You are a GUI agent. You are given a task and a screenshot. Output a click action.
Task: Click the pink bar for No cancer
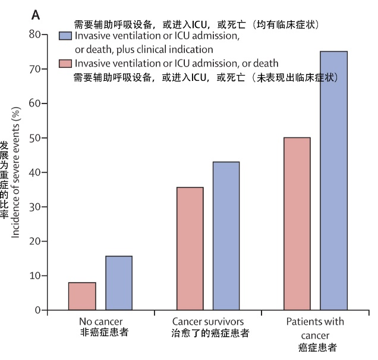tap(82, 296)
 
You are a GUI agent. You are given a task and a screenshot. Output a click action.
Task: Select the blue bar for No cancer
tap(119, 283)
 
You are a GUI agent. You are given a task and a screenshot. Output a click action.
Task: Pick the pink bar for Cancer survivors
tap(190, 248)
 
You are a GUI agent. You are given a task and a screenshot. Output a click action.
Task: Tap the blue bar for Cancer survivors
tap(226, 236)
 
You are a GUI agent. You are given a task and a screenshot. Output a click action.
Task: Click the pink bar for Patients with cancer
tap(297, 223)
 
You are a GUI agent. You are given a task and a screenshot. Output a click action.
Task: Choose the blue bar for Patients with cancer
tap(334, 180)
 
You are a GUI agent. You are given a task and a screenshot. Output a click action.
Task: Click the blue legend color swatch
tap(65, 37)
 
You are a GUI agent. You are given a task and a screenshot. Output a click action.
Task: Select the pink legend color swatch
tap(65, 64)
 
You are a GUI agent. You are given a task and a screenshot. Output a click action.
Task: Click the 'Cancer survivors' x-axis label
tap(207, 322)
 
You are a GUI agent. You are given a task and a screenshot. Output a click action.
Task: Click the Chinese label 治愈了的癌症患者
tap(207, 333)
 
